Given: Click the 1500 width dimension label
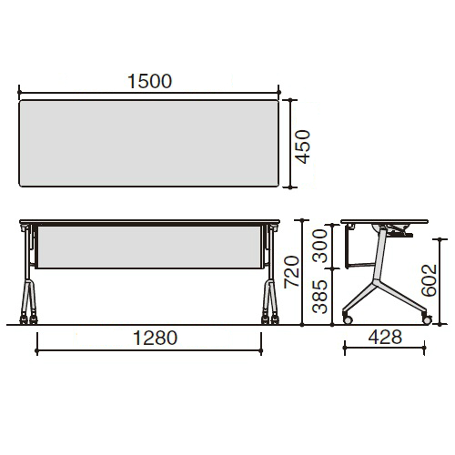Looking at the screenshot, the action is click(149, 81).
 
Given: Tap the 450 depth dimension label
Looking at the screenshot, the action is click(303, 147).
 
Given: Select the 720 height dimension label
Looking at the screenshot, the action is click(291, 272).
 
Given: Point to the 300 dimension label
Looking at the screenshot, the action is click(320, 246).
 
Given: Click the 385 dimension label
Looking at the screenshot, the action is click(320, 297).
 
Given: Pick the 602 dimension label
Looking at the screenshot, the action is click(429, 280).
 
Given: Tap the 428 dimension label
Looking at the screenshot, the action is click(385, 337).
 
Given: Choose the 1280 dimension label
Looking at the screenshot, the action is click(155, 338).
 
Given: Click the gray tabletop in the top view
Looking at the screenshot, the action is click(148, 143).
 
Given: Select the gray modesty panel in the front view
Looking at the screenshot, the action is click(149, 247).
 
